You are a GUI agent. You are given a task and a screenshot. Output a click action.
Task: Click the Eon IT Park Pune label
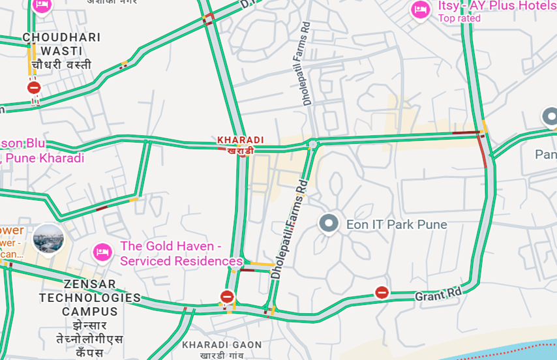tap(397, 224)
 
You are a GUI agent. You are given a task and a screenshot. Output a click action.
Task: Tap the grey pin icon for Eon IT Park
tap(329, 224)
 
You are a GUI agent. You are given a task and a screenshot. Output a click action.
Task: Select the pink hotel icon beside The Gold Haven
tap(102, 251)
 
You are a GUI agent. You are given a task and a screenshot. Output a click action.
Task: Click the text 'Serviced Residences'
tap(181, 261)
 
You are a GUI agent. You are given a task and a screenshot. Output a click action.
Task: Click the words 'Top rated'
tap(459, 18)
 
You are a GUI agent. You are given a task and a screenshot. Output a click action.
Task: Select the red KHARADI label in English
tap(240, 140)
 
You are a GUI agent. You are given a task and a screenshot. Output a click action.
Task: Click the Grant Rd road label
tap(438, 295)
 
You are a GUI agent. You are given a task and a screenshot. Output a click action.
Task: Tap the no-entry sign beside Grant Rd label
tap(382, 292)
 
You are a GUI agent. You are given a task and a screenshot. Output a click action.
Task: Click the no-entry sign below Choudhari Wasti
tap(34, 87)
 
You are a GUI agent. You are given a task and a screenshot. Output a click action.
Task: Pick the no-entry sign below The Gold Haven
tap(227, 297)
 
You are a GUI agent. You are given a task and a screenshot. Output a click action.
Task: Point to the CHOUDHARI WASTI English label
tap(61, 44)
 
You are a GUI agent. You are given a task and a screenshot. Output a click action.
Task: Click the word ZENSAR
tap(90, 284)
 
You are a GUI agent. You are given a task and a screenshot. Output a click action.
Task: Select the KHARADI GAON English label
tap(222, 345)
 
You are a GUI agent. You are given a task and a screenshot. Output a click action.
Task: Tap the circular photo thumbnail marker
tap(48, 239)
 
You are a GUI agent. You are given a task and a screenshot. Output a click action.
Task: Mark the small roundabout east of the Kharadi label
tap(313, 143)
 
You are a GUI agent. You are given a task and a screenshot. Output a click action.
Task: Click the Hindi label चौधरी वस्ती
tap(61, 65)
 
